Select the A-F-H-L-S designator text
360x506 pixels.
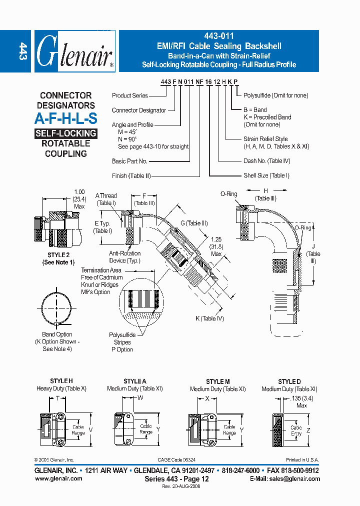click(65, 118)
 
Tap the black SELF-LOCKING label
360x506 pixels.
click(65, 133)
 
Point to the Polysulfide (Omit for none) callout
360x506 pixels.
click(275, 95)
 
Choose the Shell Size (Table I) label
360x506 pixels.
click(266, 175)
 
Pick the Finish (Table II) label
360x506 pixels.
click(131, 175)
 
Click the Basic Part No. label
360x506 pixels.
click(129, 161)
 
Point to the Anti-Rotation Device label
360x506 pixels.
click(125, 257)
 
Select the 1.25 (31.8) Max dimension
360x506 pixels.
click(216, 246)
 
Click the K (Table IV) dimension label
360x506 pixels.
click(209, 318)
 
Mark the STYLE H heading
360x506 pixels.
click(61, 381)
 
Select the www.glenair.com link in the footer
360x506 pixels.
click(58, 478)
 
